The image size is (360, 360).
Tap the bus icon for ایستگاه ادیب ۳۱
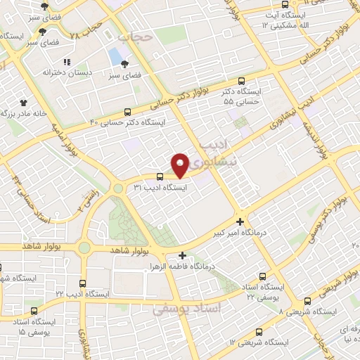click(160, 176)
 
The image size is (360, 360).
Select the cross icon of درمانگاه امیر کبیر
click(241, 221)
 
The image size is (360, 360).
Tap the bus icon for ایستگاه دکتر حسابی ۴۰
click(127, 111)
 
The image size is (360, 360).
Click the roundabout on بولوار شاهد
click(85, 247)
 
